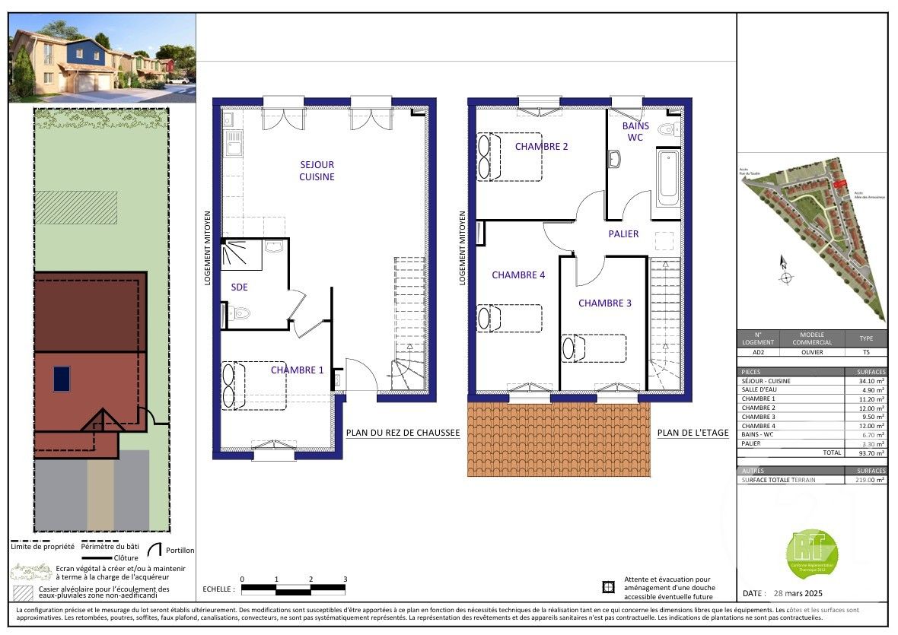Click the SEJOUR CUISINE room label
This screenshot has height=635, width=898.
317,170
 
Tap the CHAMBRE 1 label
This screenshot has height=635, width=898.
297,370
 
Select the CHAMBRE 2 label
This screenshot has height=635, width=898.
541,147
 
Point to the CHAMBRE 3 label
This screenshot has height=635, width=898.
605,303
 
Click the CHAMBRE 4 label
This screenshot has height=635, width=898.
518,275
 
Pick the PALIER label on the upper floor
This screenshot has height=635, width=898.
623,234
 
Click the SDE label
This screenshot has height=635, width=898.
240,287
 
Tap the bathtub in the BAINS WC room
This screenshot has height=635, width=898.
668,177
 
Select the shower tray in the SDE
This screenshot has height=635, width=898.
242,255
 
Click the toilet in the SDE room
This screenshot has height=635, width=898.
240,313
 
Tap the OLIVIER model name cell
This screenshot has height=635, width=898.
812,353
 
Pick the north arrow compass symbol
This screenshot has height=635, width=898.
785,272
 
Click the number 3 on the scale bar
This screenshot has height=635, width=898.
345,579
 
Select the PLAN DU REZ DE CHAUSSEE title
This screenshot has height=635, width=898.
403,433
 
